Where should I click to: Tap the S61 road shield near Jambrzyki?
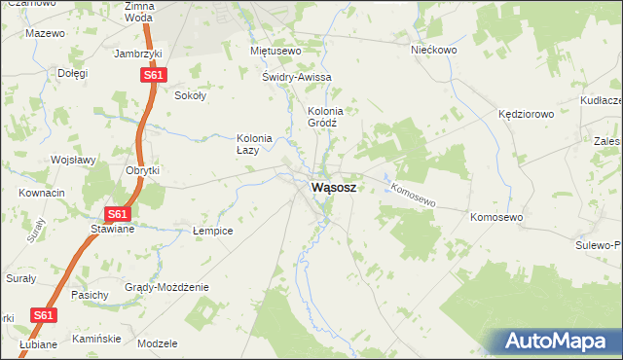click(153, 74)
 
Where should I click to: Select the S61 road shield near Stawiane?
click(117, 214)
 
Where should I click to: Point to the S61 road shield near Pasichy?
click(43, 315)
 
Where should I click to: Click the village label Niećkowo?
click(433, 50)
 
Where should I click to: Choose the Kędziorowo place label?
click(526, 114)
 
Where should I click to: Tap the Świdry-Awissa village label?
click(297, 77)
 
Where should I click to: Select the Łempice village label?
click(211, 231)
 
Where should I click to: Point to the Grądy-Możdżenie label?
click(166, 287)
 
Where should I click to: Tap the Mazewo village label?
click(45, 33)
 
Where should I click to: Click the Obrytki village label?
click(142, 170)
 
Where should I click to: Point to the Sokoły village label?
click(189, 95)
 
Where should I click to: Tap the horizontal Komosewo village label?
click(496, 217)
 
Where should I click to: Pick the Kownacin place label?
click(42, 193)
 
